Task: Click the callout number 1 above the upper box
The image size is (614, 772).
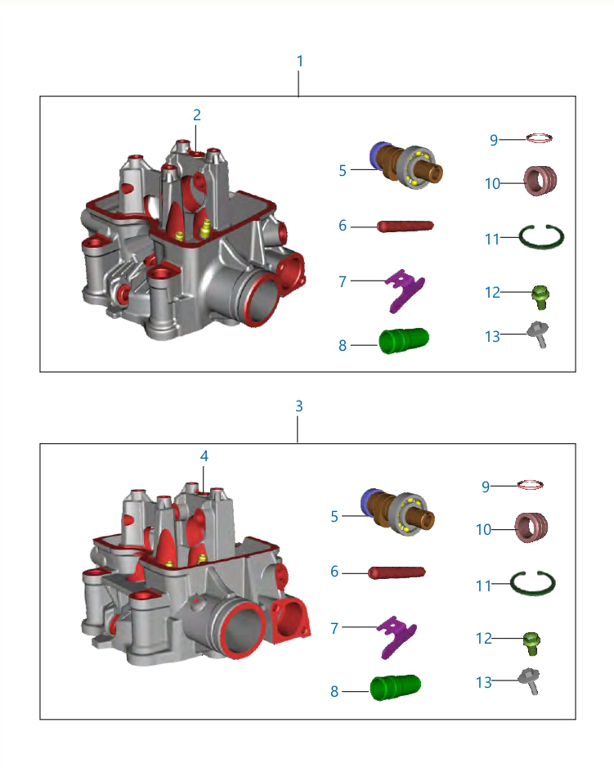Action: [300, 61]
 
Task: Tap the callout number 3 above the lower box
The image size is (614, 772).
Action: [299, 406]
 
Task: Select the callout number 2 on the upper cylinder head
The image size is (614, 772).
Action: [197, 115]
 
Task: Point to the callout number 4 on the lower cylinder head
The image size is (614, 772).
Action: [204, 456]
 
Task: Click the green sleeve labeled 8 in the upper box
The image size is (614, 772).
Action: [404, 339]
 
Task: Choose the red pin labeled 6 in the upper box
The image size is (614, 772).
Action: [406, 225]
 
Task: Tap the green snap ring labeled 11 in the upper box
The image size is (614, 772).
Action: [541, 238]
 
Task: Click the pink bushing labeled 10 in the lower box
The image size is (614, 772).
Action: [531, 527]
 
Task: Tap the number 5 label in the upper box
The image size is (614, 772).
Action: [343, 171]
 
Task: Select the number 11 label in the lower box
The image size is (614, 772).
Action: [484, 586]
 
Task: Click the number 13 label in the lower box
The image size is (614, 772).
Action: [484, 681]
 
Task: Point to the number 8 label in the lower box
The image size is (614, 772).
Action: [334, 692]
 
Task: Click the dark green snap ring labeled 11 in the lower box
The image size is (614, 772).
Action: [533, 582]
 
